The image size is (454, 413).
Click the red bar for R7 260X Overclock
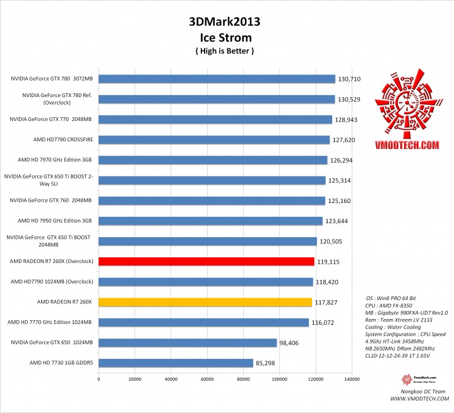206,261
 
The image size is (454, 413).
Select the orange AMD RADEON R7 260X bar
205,302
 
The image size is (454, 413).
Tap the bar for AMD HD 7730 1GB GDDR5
176,363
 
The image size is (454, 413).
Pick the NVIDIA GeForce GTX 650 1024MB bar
188,342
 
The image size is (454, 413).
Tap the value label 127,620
343,140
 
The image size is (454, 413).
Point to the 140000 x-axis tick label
351,379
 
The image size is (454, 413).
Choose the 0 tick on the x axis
99,379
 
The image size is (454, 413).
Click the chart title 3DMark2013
224,23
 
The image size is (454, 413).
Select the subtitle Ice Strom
225,38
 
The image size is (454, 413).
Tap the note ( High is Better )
225,51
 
